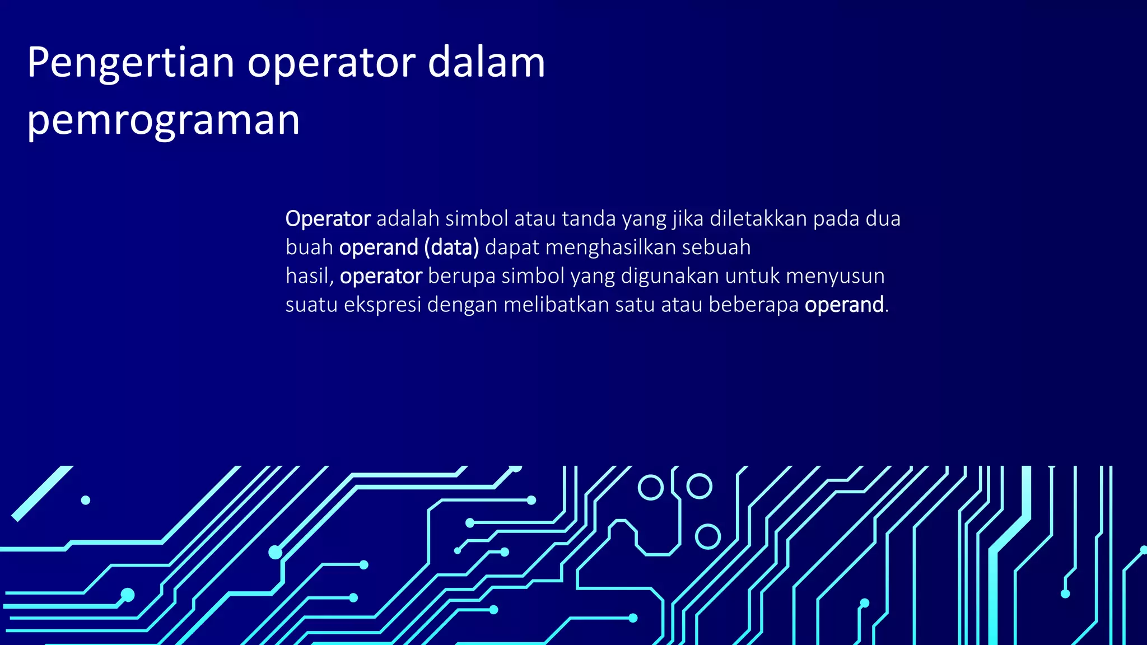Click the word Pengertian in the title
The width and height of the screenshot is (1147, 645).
(130, 63)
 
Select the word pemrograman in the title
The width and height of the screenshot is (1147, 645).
(163, 120)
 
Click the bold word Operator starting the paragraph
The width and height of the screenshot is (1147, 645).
(328, 218)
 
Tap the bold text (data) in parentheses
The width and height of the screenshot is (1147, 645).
(451, 247)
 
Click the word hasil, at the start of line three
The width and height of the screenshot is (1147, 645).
(310, 276)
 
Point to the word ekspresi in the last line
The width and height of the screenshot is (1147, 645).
(382, 305)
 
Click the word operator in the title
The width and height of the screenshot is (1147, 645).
(332, 63)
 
